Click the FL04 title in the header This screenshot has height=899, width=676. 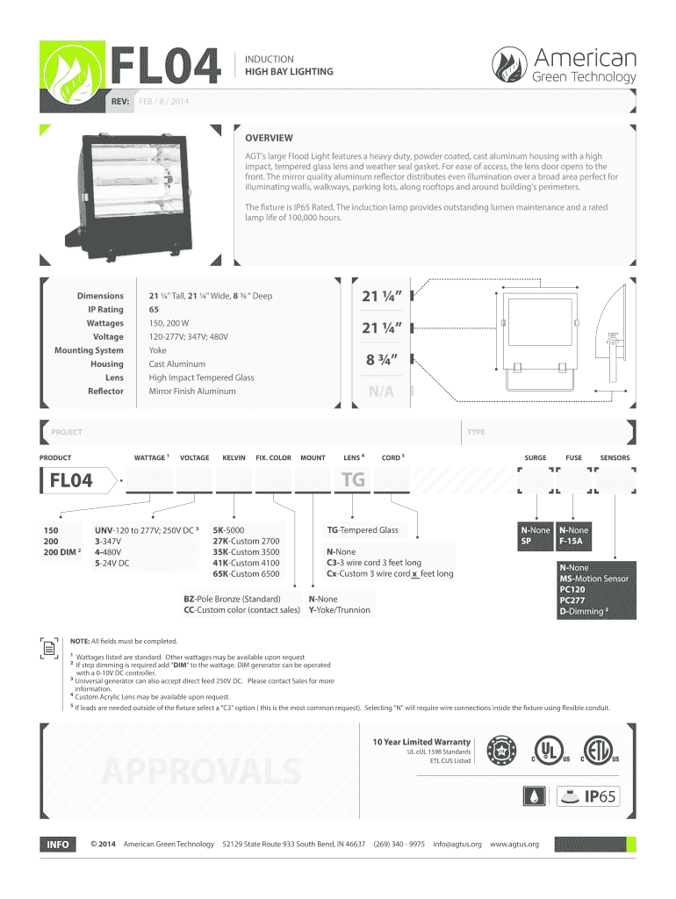[x=167, y=66]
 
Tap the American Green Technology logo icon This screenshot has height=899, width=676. [x=511, y=66]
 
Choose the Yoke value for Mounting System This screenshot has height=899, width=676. [x=158, y=350]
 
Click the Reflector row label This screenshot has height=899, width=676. [x=105, y=391]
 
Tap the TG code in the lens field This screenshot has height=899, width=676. [x=352, y=480]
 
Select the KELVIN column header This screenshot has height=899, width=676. [x=234, y=457]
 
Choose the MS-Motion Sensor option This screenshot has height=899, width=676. [x=594, y=579]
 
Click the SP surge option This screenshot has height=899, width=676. [x=526, y=542]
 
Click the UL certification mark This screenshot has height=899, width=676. [x=549, y=748]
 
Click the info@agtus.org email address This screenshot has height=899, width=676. [x=457, y=844]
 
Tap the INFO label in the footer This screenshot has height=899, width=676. [x=58, y=844]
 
